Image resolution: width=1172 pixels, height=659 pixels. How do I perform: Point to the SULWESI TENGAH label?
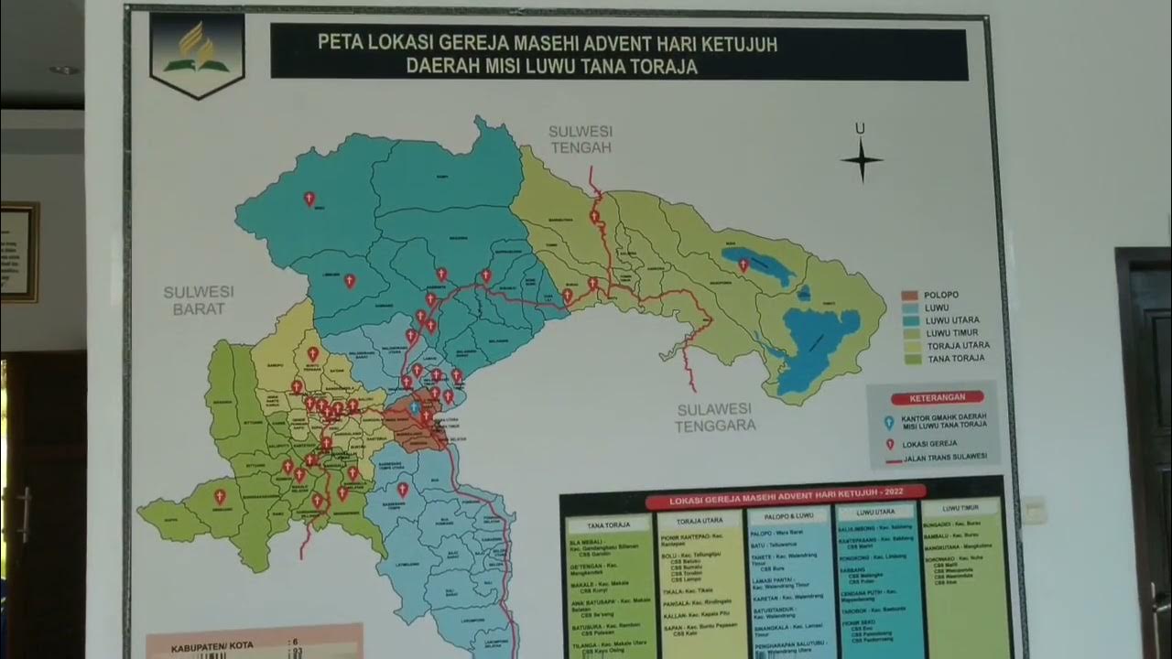pyautogui.click(x=580, y=139)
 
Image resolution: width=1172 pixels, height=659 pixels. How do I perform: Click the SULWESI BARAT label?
pyautogui.click(x=199, y=300)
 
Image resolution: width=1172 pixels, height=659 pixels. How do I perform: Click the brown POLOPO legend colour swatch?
pyautogui.click(x=909, y=295)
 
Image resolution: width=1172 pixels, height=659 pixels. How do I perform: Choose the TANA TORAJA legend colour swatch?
pyautogui.click(x=909, y=359)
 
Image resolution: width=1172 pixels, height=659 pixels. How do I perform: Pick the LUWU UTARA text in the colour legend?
pyautogui.click(x=952, y=320)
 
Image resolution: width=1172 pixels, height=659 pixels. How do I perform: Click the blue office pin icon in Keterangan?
pyautogui.click(x=888, y=423)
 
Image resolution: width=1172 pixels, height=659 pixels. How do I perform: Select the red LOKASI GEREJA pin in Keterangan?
pyautogui.click(x=888, y=445)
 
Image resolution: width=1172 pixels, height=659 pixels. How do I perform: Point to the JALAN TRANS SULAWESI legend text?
pyautogui.click(x=945, y=457)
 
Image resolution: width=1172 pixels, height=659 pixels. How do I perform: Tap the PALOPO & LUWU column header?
pyautogui.click(x=787, y=515)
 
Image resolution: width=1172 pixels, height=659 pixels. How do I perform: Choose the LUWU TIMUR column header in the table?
pyautogui.click(x=961, y=506)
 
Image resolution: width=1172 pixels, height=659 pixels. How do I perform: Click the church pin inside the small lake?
pyautogui.click(x=743, y=265)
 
